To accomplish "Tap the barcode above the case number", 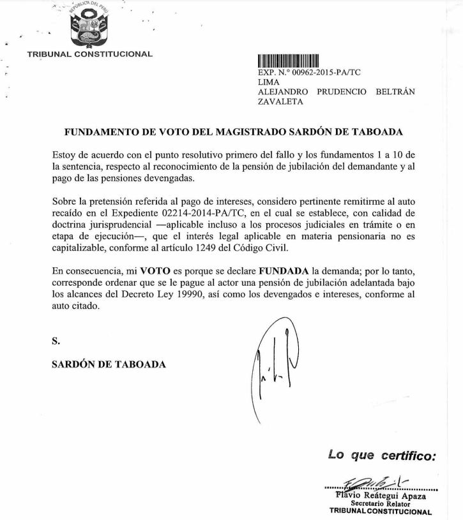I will click(288, 61).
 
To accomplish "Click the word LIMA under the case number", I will click(268, 82).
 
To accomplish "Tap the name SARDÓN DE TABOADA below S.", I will click(109, 364).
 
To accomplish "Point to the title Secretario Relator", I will click(383, 503).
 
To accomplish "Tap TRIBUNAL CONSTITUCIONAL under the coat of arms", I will click(90, 54).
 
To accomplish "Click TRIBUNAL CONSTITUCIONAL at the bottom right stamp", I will click(381, 511).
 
